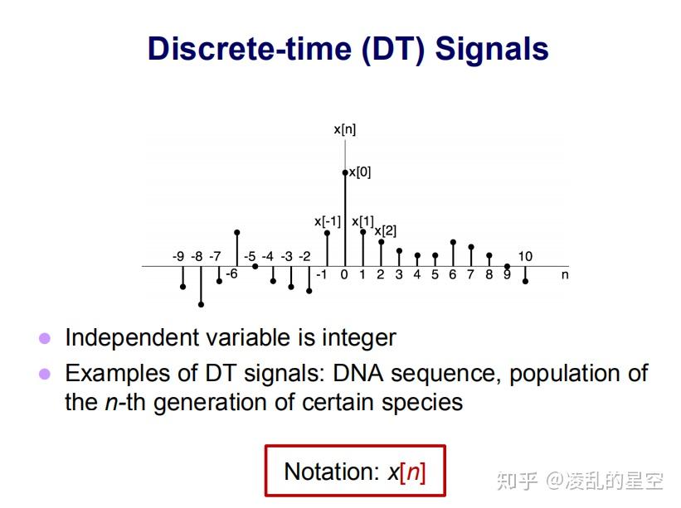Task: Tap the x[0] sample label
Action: click(359, 172)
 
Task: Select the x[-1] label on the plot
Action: click(328, 221)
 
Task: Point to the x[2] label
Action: click(385, 230)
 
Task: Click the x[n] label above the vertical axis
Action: click(345, 128)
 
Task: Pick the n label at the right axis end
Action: click(565, 274)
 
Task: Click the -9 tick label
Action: click(178, 256)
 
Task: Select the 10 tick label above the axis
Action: click(525, 256)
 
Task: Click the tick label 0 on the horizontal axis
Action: click(344, 274)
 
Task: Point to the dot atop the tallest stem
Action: click(345, 172)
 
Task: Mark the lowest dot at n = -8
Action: click(201, 305)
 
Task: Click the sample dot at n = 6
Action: click(453, 242)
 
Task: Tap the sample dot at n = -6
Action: click(237, 233)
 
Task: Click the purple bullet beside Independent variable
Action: click(46, 338)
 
